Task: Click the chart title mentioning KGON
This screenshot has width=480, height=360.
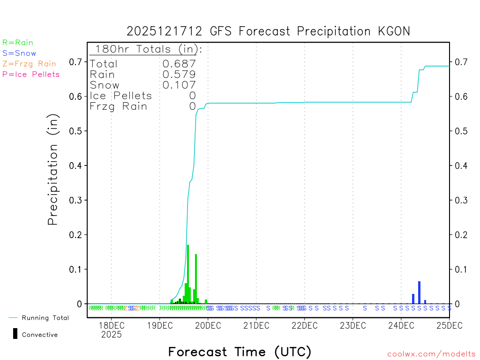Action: [x=268, y=31]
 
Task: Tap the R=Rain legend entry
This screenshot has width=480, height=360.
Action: [x=18, y=43]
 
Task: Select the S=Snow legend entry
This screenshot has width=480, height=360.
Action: [x=19, y=53]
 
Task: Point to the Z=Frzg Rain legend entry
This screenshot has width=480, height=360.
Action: [x=29, y=64]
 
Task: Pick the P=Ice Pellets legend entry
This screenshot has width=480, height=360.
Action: [x=31, y=74]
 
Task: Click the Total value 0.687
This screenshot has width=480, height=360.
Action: [x=179, y=64]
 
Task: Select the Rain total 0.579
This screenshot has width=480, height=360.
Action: [x=179, y=75]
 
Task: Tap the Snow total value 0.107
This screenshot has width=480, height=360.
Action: [x=179, y=85]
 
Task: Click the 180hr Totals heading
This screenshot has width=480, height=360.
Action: [x=146, y=49]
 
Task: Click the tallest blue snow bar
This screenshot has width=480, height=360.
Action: [x=419, y=292]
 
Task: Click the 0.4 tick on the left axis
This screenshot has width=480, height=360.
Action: [x=75, y=165]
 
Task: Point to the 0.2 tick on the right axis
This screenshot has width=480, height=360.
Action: [x=461, y=235]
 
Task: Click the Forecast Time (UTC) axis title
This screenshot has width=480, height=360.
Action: [x=240, y=352]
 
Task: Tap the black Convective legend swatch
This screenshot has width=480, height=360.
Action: [x=15, y=333]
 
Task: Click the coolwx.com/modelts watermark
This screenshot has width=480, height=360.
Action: [x=431, y=354]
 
